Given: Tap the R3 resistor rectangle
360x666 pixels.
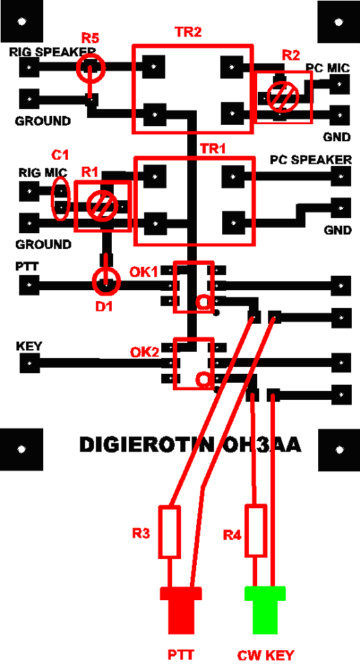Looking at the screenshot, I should point(169,532).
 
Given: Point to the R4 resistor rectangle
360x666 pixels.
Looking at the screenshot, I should point(256,530).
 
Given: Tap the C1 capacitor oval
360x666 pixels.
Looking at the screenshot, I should point(62,199).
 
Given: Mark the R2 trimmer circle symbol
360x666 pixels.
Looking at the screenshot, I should point(281,97).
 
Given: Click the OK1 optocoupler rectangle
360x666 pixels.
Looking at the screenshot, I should point(193,287).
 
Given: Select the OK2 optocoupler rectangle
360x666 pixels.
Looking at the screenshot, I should point(193,364).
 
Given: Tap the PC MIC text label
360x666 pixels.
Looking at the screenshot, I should point(328,68).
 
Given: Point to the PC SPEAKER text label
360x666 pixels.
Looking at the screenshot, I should point(311,160).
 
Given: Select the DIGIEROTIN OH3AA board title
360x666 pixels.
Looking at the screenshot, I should point(190,445).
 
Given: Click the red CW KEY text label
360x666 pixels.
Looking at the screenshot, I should point(265,655).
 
